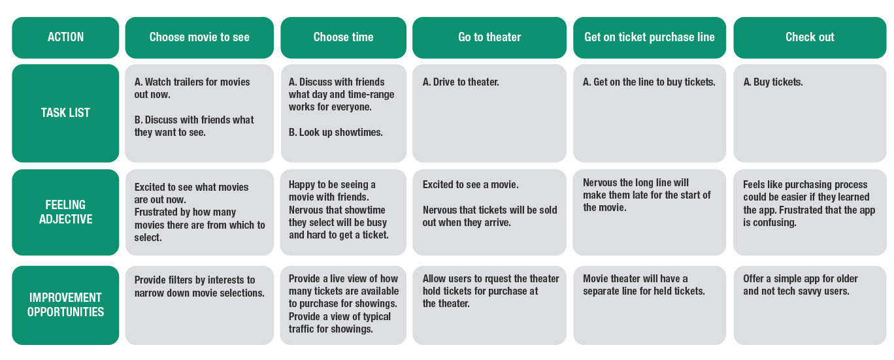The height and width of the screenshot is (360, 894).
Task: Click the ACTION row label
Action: pos(65,37)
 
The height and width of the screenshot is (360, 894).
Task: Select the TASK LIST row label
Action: pos(65,112)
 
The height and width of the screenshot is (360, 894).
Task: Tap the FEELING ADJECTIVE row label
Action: pos(65,212)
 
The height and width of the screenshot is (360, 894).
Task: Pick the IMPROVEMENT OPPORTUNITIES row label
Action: pos(65,304)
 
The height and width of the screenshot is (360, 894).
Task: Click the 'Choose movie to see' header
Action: pos(199,37)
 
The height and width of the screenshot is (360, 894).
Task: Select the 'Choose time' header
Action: pos(343,37)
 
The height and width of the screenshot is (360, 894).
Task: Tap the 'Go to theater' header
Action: pos(489,37)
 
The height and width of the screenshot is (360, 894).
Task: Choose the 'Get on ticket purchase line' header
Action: pos(650,37)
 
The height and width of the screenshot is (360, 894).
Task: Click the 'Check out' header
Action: pos(810,37)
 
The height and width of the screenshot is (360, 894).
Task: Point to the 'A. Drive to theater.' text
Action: pos(461,82)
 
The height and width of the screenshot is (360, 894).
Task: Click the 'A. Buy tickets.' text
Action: pos(773,82)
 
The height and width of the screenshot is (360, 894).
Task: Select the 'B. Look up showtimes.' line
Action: pos(336,133)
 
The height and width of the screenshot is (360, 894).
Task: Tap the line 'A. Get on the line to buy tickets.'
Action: pos(649,82)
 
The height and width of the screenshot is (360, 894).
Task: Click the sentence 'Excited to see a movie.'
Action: pos(471,185)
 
